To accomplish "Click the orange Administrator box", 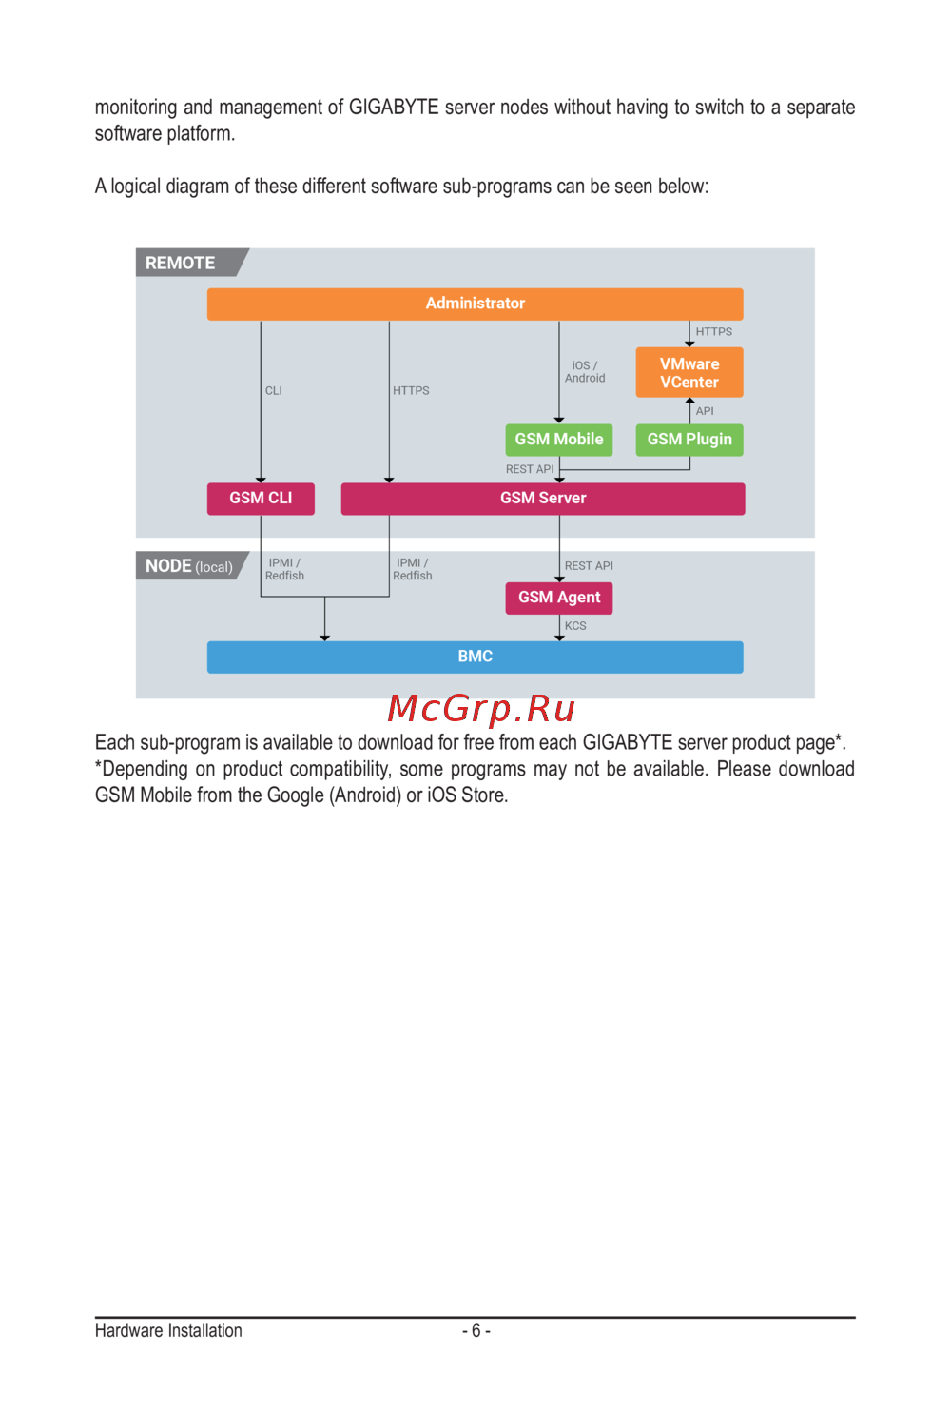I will coord(475,304).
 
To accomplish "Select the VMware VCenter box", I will coord(689,373).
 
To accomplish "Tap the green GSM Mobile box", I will coord(559,440).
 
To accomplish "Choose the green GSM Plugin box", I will coord(689,440).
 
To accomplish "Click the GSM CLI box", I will coord(261,499).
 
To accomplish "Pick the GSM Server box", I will coord(543,499).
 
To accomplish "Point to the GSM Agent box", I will coord(559,598).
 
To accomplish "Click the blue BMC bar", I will coord(475,657).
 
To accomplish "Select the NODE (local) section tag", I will coord(188,566).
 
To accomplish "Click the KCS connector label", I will coord(575,626).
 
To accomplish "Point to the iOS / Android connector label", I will coord(585,372).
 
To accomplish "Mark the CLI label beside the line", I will coord(274,391).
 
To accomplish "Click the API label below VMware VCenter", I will coord(705,411).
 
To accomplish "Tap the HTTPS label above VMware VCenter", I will coord(714,332).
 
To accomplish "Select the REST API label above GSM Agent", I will coord(589,566).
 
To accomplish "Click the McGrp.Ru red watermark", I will coord(481,709).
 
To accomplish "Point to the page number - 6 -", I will coord(476,1330).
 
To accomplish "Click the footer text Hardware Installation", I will coord(168,1330).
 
